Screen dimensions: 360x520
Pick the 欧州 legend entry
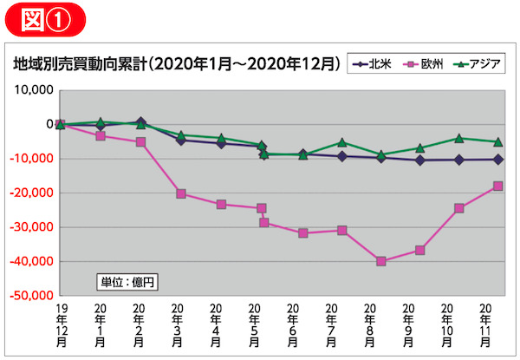point(424,64)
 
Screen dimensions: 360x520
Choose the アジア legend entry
point(476,64)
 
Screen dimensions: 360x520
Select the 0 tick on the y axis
point(49,124)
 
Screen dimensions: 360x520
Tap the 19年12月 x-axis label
point(61,325)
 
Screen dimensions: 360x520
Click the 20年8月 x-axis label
point(370,325)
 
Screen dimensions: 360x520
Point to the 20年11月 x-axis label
point(486,325)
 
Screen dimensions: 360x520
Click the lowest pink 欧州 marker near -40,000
point(381,261)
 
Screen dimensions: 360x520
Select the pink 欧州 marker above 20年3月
point(181,193)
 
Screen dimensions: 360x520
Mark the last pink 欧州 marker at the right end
point(497,186)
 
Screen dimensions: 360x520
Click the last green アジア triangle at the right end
point(497,141)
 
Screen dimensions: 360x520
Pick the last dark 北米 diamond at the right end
point(497,159)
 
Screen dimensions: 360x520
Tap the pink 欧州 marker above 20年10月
point(458,208)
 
